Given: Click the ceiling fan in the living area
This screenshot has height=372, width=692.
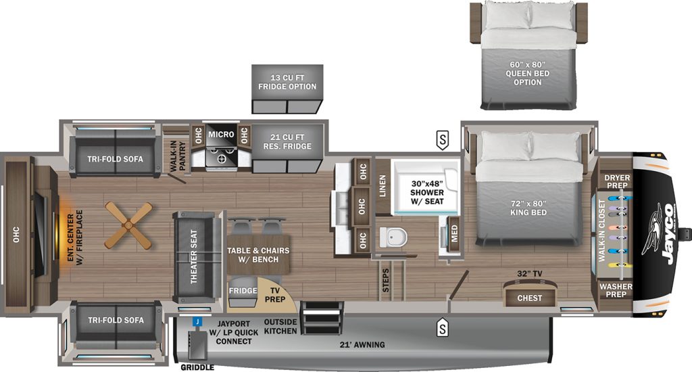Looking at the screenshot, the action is pyautogui.click(x=128, y=225).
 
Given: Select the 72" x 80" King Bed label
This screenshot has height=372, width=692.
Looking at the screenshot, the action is pyautogui.click(x=528, y=208).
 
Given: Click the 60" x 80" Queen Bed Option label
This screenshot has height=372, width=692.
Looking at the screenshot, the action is pyautogui.click(x=527, y=73).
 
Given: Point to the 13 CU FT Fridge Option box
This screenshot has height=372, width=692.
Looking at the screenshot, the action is pyautogui.click(x=287, y=89).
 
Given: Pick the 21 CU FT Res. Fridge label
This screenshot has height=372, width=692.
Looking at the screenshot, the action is pyautogui.click(x=287, y=142).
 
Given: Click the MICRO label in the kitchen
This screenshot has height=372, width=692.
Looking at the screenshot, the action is pyautogui.click(x=221, y=135).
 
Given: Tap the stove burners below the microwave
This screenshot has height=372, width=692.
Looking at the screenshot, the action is pyautogui.click(x=222, y=157).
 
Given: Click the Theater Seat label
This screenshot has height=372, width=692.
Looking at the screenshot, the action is pyautogui.click(x=193, y=257).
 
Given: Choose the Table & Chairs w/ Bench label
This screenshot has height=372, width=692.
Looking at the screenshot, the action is pyautogui.click(x=258, y=255).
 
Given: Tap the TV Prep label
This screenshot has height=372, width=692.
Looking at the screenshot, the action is pyautogui.click(x=274, y=295).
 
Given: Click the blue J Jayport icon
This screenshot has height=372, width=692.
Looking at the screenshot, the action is pyautogui.click(x=197, y=322).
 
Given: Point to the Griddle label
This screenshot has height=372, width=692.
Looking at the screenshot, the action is pyautogui.click(x=197, y=367).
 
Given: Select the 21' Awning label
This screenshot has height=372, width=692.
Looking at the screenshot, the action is pyautogui.click(x=362, y=345).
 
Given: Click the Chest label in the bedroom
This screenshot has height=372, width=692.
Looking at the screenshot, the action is pyautogui.click(x=530, y=298).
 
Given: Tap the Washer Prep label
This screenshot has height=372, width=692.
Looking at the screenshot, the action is pyautogui.click(x=616, y=290).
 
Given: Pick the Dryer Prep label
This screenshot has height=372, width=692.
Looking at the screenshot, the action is pyautogui.click(x=617, y=181).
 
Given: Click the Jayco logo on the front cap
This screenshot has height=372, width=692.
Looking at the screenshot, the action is pyautogui.click(x=662, y=234).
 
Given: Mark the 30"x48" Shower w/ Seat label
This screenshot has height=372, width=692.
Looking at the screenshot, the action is pyautogui.click(x=427, y=193).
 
